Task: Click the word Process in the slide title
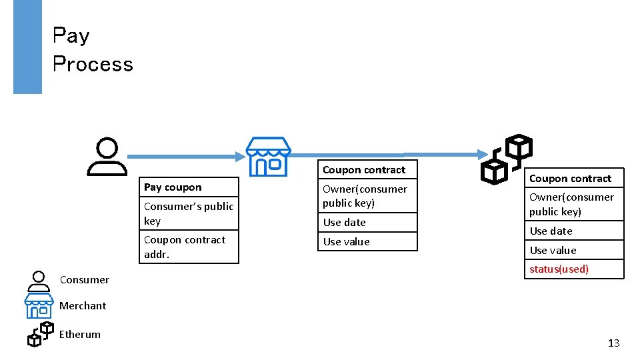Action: [x=93, y=64]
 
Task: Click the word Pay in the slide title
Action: [x=71, y=35]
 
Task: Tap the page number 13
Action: [x=613, y=343]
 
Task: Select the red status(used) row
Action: [x=574, y=269]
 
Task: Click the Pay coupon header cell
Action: [x=189, y=187]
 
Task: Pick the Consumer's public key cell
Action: [x=189, y=213]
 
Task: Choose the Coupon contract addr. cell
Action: [x=189, y=247]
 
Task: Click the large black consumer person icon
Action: [x=107, y=157]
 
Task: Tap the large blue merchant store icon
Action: [x=268, y=157]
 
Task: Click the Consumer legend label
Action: [x=85, y=279]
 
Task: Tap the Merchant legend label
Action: [x=83, y=305]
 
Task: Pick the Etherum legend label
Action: [x=80, y=334]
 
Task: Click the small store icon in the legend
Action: [x=39, y=306]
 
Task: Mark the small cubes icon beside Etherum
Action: [x=40, y=334]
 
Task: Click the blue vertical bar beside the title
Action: [x=27, y=47]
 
